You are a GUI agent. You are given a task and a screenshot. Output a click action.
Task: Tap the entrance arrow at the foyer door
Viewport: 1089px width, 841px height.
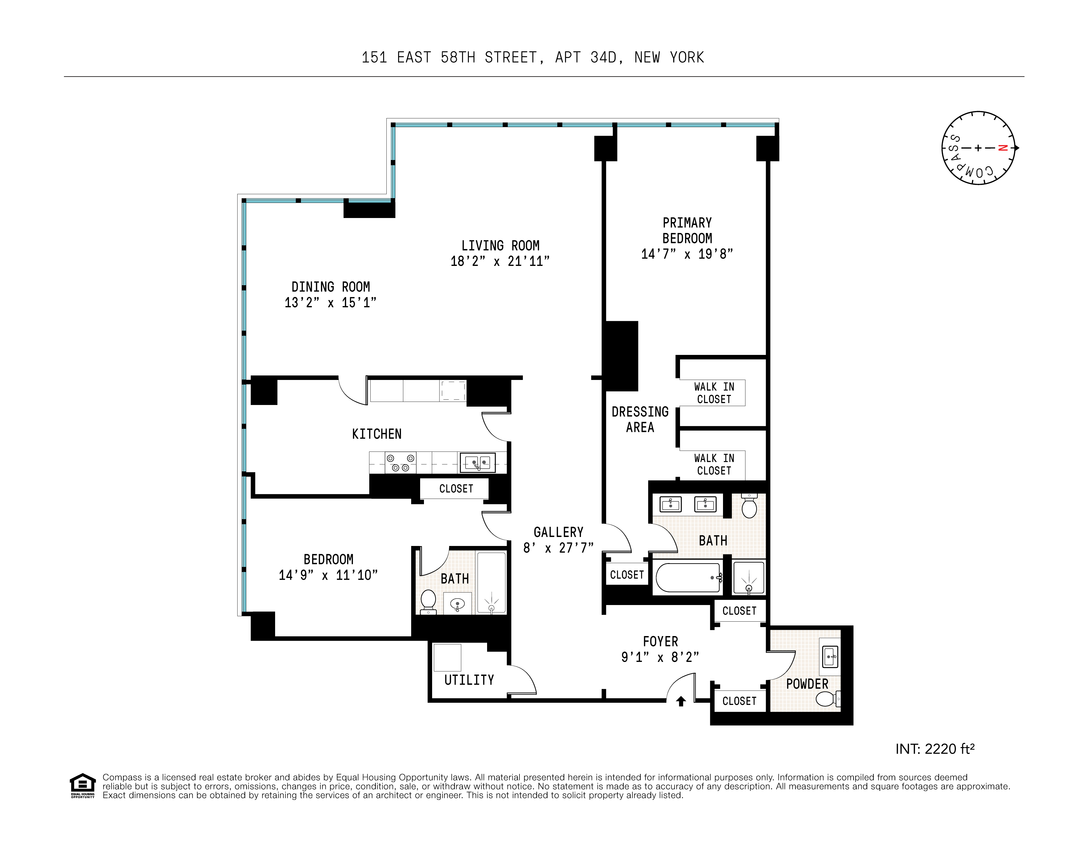pyautogui.click(x=681, y=701)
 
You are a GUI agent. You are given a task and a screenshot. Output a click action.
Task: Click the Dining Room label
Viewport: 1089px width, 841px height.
pyautogui.click(x=331, y=287)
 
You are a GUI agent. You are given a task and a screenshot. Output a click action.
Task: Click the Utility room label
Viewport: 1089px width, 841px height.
pyautogui.click(x=469, y=680)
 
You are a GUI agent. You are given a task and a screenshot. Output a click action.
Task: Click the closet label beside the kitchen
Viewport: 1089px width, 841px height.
pyautogui.click(x=456, y=489)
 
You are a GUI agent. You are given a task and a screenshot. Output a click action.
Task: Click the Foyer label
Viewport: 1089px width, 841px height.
pyautogui.click(x=660, y=642)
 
